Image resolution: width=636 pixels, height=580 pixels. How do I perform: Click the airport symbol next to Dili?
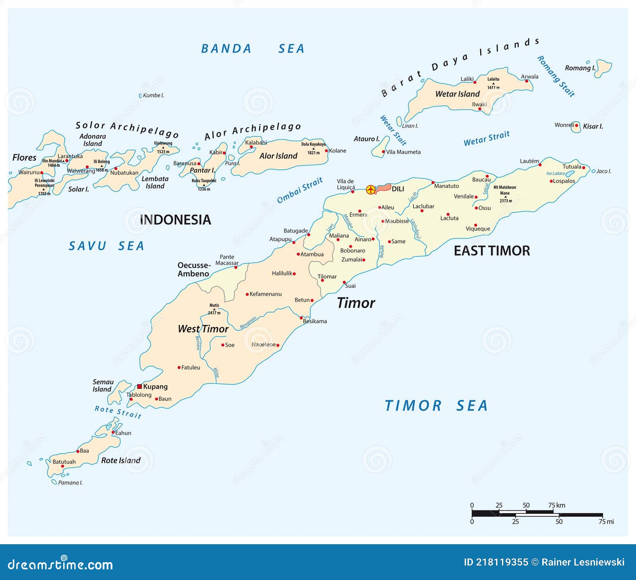(x=370, y=190)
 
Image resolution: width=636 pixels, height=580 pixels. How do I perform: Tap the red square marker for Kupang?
(x=140, y=386)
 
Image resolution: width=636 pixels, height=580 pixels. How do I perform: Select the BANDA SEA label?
(x=253, y=48)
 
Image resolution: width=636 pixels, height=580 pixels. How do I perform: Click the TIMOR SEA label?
(x=436, y=406)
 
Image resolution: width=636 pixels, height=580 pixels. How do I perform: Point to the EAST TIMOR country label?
(x=492, y=251)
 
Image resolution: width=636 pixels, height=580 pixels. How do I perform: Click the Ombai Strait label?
(x=300, y=190)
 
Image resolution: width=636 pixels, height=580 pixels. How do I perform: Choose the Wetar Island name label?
(x=457, y=94)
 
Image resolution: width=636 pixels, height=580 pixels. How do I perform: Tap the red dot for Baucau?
(x=487, y=176)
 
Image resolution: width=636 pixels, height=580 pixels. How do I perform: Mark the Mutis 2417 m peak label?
(x=214, y=309)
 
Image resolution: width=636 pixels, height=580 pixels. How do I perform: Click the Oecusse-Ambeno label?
(x=194, y=270)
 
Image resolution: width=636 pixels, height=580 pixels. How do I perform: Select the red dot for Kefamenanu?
(x=247, y=295)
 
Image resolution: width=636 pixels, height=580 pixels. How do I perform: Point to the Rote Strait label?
(x=118, y=412)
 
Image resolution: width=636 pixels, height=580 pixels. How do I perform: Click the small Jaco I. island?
(x=593, y=171)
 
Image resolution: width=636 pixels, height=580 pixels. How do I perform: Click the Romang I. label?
(x=580, y=68)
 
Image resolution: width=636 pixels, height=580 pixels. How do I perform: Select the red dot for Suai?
(x=344, y=282)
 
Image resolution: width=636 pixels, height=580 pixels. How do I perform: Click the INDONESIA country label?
(x=175, y=220)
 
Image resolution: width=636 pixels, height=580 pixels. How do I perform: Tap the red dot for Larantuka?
(x=67, y=161)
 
